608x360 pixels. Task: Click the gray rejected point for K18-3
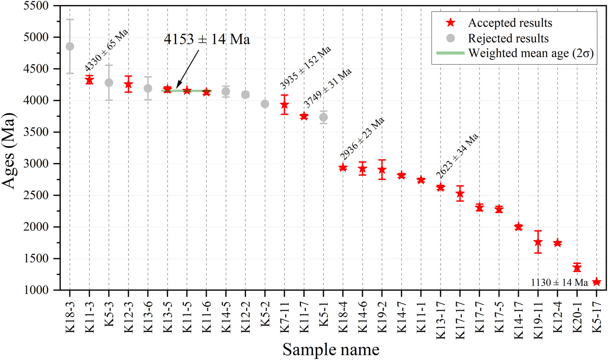coord(70,46)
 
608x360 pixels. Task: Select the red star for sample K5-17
coord(597,282)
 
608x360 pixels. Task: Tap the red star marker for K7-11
coord(285,104)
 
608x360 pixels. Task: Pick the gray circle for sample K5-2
coord(265,104)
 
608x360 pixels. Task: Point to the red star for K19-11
coord(538,242)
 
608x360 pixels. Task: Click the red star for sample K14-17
coord(518,227)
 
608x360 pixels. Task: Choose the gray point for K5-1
coord(323,117)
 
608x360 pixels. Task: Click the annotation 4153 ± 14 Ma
coord(207,39)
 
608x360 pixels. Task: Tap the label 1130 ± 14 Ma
coord(559,283)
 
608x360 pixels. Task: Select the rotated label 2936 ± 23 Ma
coord(362,139)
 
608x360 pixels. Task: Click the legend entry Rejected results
coord(508,38)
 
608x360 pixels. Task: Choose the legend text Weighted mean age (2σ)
coord(531,53)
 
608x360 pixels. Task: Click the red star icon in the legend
coord(451,23)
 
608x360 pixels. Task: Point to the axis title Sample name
coord(331,349)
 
